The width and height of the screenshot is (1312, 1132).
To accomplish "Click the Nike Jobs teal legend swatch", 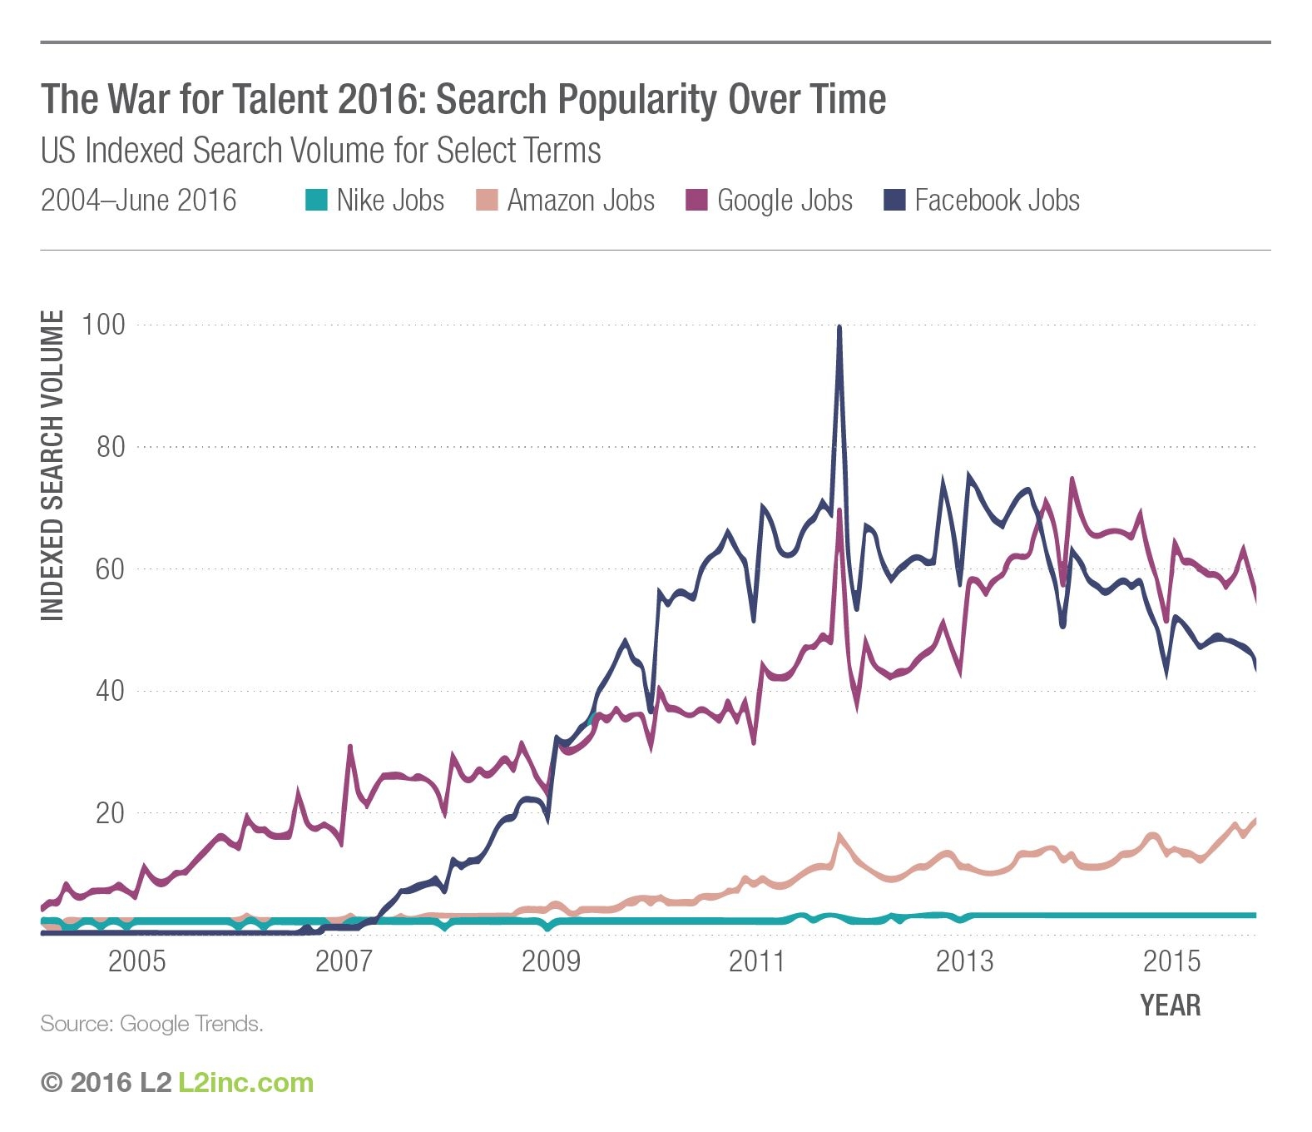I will point(316,201).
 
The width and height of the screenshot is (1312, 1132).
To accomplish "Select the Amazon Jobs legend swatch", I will point(487,201).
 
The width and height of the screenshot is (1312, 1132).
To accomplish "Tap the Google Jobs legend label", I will point(785,201).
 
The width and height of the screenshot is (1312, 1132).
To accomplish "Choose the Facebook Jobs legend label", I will point(997,201).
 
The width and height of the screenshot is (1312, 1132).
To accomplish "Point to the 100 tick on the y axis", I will point(103,325).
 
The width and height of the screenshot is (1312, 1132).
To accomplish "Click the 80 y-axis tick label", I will point(110,447).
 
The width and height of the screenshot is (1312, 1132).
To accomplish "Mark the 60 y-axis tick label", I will point(110,569).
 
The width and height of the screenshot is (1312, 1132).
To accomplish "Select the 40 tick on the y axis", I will point(110,691).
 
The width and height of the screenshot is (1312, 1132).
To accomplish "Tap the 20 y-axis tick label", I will point(110,813).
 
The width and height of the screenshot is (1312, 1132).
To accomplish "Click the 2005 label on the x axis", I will point(137,961).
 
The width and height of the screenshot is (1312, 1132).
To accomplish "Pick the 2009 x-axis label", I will point(550,961).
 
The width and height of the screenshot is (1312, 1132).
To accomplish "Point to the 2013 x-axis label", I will point(964,961).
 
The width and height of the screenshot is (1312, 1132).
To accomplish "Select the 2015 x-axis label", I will point(1171,961).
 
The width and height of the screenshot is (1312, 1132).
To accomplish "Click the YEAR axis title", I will point(1170,1005).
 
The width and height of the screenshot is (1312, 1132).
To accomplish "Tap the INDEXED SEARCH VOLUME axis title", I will point(52,465).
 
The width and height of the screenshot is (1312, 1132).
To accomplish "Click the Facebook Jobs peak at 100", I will point(839,328).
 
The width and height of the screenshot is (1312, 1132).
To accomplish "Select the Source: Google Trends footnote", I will point(151,1024).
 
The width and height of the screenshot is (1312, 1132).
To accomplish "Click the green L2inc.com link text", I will point(246,1083).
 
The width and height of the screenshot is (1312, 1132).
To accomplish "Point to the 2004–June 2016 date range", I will point(138,201).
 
